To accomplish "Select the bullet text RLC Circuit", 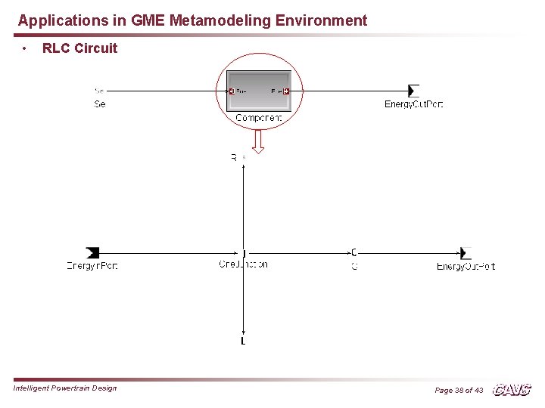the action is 79,48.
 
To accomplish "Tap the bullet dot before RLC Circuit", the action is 25,48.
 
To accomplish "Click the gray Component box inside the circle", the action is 258,91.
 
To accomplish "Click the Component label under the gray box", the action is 258,118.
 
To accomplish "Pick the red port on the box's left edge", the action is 232,91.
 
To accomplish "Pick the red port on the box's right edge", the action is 286,91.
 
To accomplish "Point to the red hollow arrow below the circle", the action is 259,141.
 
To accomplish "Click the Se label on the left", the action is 100,104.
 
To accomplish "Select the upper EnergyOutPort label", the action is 413,104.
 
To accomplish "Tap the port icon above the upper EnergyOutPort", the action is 413,91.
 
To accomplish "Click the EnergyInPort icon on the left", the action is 92,252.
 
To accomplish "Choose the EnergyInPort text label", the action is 92,265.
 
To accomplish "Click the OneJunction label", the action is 243,264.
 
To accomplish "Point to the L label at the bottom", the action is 243,342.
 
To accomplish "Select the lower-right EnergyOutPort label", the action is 466,266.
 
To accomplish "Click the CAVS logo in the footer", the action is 512,390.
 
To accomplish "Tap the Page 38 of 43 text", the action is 459,390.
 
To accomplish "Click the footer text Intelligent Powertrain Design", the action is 65,388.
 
